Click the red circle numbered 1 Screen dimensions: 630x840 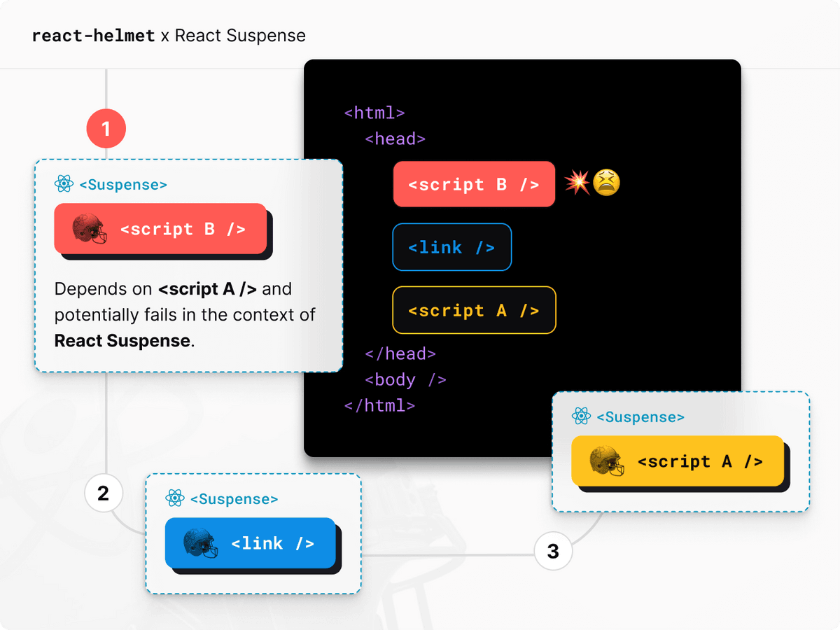(106, 129)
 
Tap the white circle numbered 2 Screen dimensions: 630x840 (104, 493)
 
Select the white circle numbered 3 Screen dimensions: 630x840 (553, 552)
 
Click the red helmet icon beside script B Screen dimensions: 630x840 (90, 229)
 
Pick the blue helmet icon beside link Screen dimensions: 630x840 (200, 543)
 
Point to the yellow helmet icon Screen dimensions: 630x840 (606, 461)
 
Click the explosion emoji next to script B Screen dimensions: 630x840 (577, 183)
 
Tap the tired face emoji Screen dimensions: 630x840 (606, 183)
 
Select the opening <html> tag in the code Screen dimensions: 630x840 (374, 112)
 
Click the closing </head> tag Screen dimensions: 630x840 (400, 353)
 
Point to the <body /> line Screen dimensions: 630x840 (405, 379)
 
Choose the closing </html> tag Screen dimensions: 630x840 (379, 405)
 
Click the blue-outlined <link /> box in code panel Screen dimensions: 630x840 (451, 247)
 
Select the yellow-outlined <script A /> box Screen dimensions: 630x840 (474, 310)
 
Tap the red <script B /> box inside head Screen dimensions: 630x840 (474, 185)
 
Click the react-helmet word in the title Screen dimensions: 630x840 (93, 36)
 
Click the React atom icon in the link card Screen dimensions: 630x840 (175, 498)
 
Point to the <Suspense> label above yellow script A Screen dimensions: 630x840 (640, 417)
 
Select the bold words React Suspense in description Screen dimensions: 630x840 (122, 341)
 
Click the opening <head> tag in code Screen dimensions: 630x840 (395, 139)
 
